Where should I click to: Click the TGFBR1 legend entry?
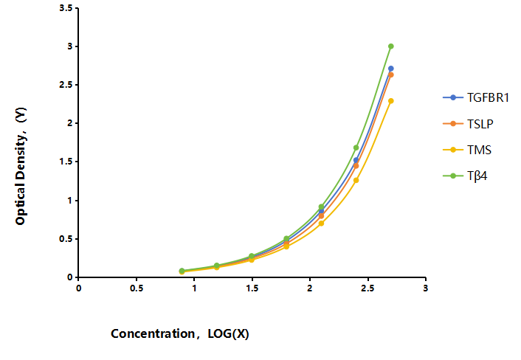tap(476, 97)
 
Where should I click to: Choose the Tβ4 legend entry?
tap(465, 176)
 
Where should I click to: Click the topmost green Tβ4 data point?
tap(391, 46)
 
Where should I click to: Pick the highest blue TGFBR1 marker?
tap(391, 69)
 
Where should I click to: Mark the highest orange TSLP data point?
tap(391, 75)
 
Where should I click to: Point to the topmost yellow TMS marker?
tap(391, 100)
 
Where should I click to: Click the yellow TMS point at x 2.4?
tap(356, 180)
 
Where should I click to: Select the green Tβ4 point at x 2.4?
tap(356, 148)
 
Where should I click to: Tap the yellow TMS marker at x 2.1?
tap(321, 224)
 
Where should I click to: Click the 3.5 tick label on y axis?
tap(66, 8)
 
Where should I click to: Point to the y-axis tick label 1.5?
tap(66, 162)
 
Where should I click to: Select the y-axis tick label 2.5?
tap(66, 85)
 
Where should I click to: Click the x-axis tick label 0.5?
tap(137, 288)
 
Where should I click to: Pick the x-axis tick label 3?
tap(425, 288)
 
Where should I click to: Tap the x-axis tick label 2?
tap(310, 288)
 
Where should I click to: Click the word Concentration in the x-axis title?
tap(153, 333)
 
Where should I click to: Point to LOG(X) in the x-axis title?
tap(228, 333)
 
